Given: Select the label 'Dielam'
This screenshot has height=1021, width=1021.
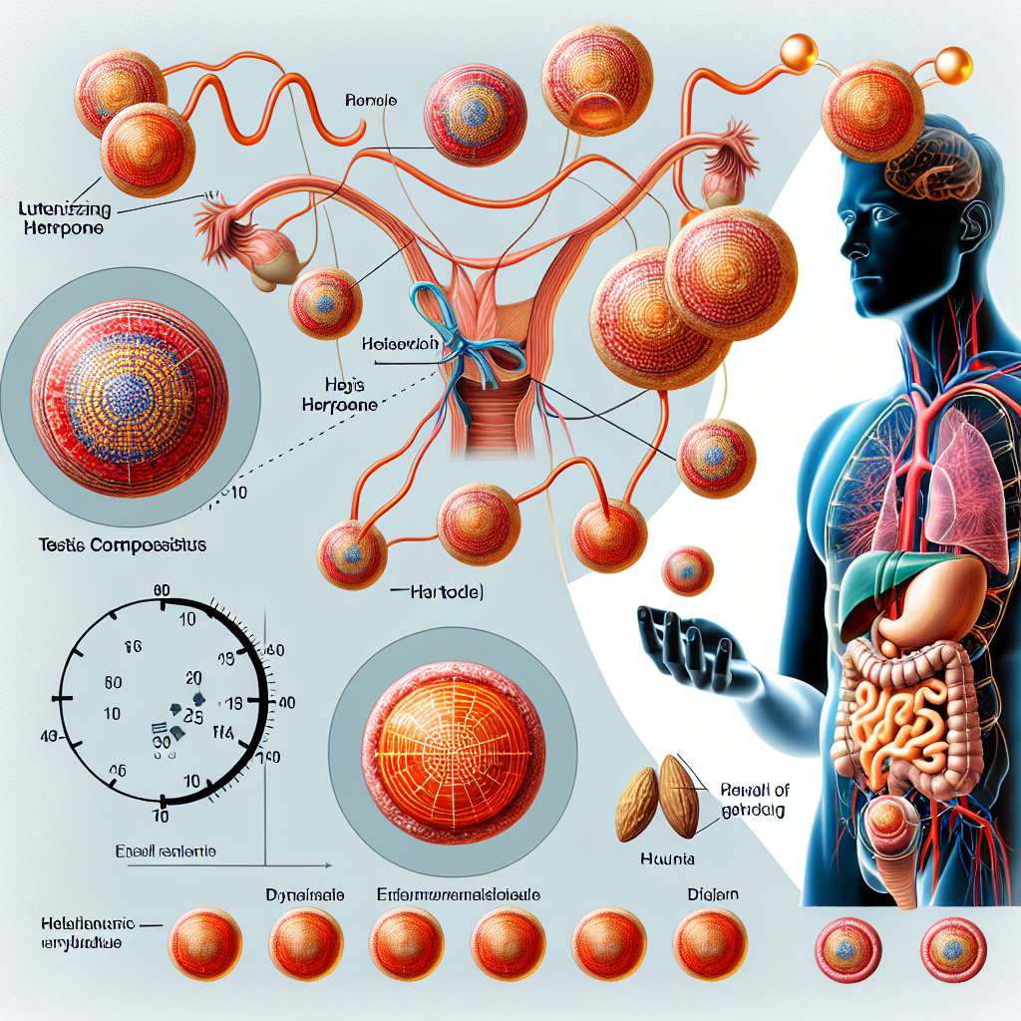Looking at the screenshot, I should pos(712,895).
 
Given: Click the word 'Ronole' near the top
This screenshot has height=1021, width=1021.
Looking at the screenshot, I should pos(372,101).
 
